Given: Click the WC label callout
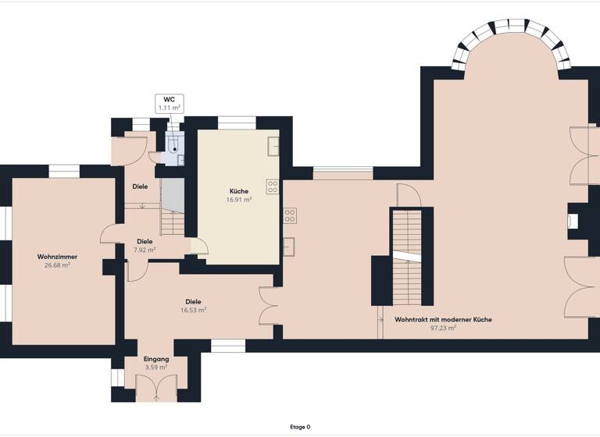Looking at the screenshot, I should pyautogui.click(x=169, y=104).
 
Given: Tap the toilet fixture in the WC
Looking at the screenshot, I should pyautogui.click(x=174, y=144).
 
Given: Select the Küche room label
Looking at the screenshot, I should pyautogui.click(x=239, y=191).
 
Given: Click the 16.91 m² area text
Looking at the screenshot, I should pyautogui.click(x=239, y=200).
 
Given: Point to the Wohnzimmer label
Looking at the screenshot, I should pyautogui.click(x=57, y=257).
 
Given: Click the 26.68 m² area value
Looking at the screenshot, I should pyautogui.click(x=57, y=265).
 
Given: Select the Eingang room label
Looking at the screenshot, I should pyautogui.click(x=156, y=358).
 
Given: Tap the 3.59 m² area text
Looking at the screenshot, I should pyautogui.click(x=156, y=367).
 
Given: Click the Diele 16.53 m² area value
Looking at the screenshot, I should pyautogui.click(x=193, y=310).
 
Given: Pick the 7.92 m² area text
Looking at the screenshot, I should pyautogui.click(x=145, y=250).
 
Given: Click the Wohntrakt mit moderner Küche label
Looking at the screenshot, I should pyautogui.click(x=443, y=319).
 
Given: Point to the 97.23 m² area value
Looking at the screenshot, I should pyautogui.click(x=443, y=329).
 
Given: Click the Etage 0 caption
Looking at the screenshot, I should pyautogui.click(x=300, y=427).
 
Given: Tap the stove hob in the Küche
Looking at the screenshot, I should pyautogui.click(x=273, y=187).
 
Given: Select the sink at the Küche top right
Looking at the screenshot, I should pyautogui.click(x=273, y=146).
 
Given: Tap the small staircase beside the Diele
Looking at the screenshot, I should pyautogui.click(x=172, y=212).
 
